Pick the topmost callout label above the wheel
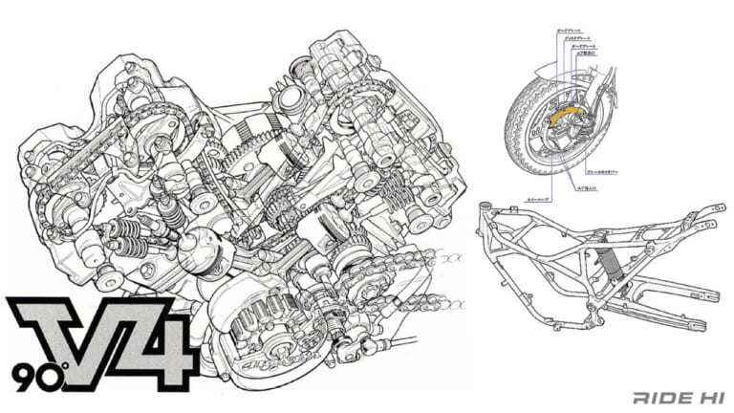pos(573,32)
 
